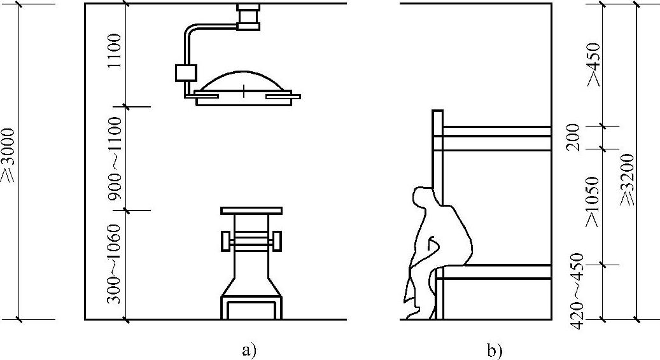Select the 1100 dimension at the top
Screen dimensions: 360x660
click(x=116, y=53)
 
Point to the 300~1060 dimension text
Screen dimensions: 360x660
click(x=116, y=263)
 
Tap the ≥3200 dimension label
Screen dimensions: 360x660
click(x=628, y=179)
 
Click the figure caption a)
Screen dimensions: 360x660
click(x=249, y=349)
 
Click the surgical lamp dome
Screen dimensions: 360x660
click(x=244, y=81)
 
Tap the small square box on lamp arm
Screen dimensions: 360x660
click(x=185, y=72)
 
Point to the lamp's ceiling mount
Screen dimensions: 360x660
click(x=248, y=17)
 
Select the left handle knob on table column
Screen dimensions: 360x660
click(x=225, y=241)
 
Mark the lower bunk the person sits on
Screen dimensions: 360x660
click(x=495, y=272)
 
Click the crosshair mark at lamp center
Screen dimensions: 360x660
click(x=244, y=91)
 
